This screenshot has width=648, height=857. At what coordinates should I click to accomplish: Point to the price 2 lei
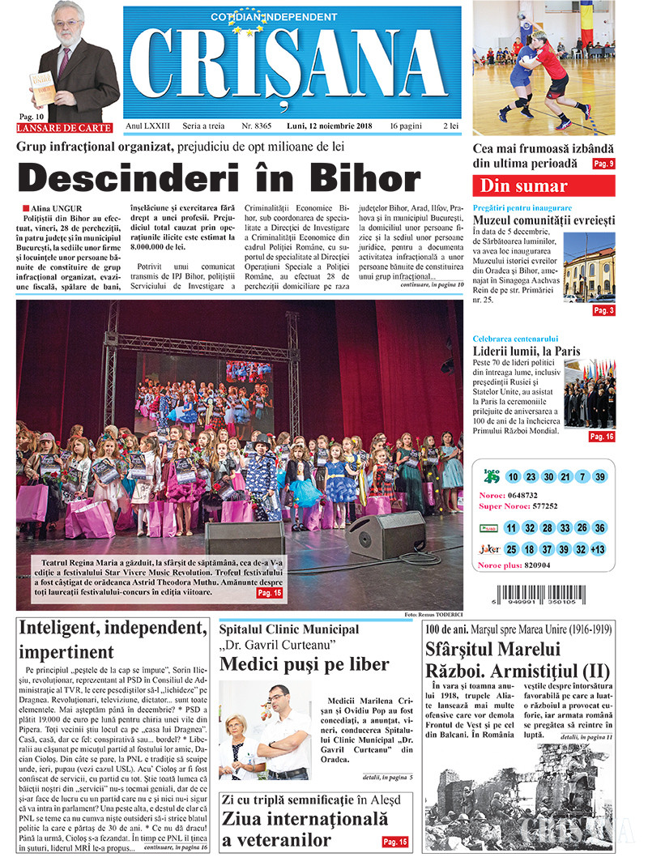[450, 126]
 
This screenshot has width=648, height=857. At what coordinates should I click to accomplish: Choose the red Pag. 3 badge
[603, 310]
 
